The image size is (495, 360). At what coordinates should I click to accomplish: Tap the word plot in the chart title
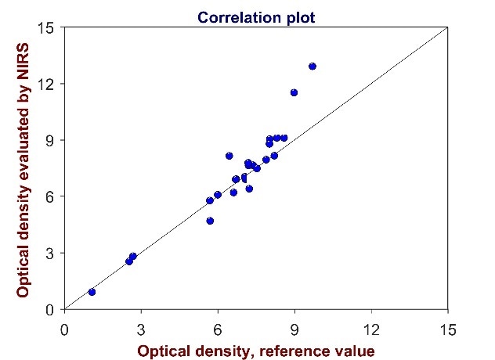click(x=298, y=16)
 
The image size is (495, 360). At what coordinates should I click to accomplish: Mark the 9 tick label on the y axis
click(x=49, y=141)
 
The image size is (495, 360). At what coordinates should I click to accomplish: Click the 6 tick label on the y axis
click(x=49, y=197)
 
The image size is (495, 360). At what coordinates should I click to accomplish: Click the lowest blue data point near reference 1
click(x=92, y=292)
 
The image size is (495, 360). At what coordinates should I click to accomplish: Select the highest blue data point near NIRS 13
click(x=313, y=67)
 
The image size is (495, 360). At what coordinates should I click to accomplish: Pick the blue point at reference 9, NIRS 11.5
click(x=294, y=92)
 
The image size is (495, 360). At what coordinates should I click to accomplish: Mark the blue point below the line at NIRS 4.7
click(x=210, y=221)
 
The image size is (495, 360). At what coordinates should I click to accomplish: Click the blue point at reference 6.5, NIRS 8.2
click(x=229, y=156)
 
